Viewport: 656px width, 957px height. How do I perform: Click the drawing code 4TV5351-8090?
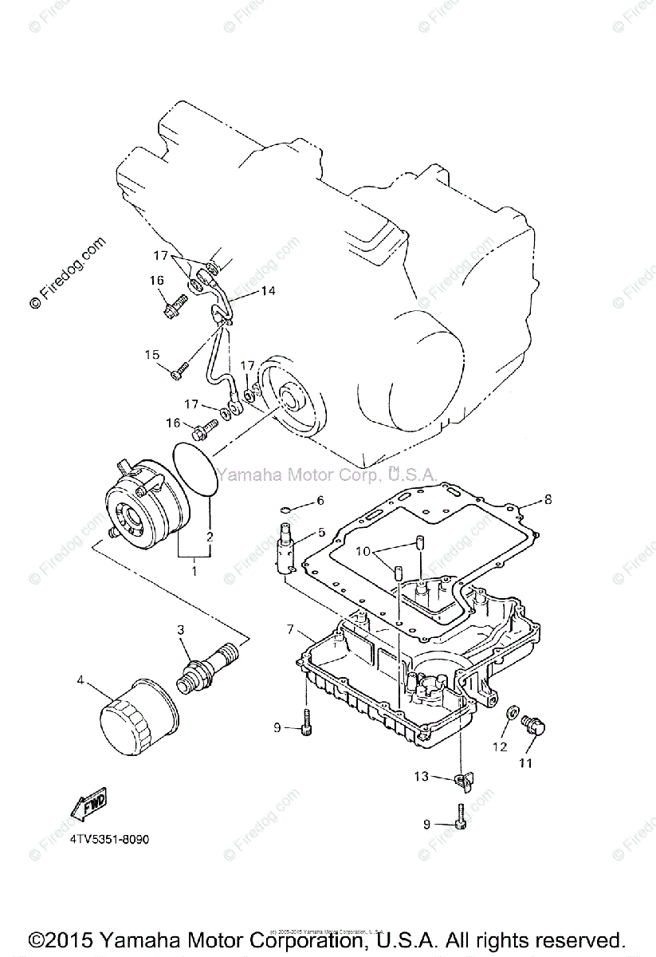coord(109,840)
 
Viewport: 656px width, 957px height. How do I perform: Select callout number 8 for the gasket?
coord(548,500)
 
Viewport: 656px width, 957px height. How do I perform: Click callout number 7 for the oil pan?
coord(292,630)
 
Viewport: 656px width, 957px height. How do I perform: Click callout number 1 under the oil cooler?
coord(194,571)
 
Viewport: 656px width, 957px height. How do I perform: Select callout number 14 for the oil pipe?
coord(267,291)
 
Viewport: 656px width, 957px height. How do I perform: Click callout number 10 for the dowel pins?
coord(363,551)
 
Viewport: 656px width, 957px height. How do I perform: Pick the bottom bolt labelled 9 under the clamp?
coord(459,817)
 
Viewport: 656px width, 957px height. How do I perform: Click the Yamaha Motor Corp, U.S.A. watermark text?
coord(327,475)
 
